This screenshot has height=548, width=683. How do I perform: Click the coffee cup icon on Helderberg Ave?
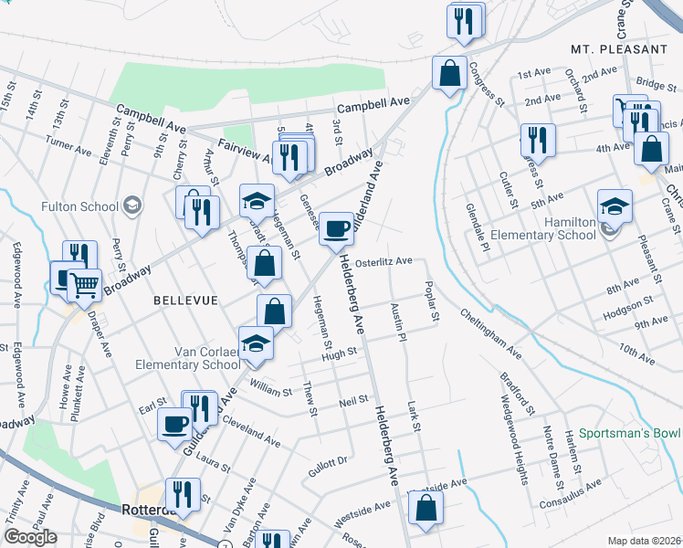click(x=337, y=228)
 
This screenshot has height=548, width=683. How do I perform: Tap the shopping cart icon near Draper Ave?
click(x=85, y=285)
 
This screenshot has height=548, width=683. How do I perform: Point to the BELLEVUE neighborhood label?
click(x=184, y=300)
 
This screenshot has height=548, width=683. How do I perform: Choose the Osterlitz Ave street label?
click(x=384, y=260)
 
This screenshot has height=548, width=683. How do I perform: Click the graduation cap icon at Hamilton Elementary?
click(x=615, y=207)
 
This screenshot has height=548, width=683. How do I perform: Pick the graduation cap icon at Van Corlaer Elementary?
click(x=256, y=343)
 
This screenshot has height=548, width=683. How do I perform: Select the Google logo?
click(x=30, y=536)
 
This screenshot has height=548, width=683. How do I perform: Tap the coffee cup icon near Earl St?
click(x=174, y=423)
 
